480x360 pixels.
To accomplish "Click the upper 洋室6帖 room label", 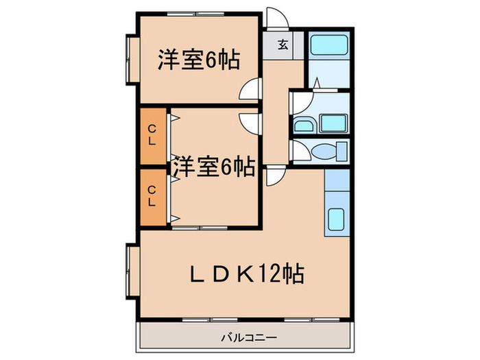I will pyautogui.click(x=199, y=60).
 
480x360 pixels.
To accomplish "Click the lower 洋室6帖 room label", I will pyautogui.click(x=215, y=165).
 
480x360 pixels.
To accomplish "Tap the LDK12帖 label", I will pyautogui.click(x=248, y=274).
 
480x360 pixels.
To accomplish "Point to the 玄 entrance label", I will pyautogui.click(x=283, y=45).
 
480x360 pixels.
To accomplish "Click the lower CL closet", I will pyautogui.click(x=153, y=197).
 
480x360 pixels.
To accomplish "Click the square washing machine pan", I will pyautogui.click(x=333, y=123).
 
